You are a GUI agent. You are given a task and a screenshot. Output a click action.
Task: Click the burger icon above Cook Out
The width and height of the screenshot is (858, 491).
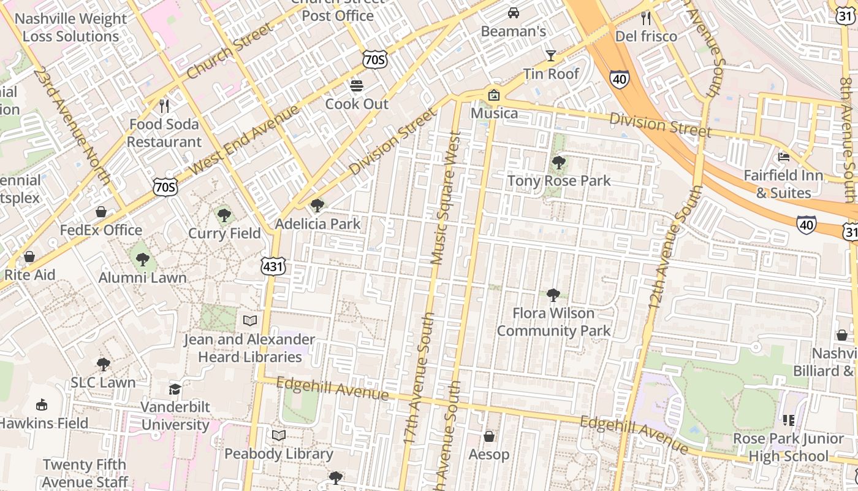pos(357,85)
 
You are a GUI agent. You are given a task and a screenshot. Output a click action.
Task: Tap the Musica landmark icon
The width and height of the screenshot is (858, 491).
pos(494,95)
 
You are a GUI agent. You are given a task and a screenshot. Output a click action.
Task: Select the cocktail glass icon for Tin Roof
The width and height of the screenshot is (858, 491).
pos(551,56)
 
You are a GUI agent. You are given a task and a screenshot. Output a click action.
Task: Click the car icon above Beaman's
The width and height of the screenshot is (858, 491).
pos(514,12)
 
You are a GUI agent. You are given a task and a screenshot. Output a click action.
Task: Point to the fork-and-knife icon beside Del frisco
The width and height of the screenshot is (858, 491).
pos(646,18)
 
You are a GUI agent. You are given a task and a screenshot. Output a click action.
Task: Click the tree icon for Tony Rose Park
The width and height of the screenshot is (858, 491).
pos(558,163)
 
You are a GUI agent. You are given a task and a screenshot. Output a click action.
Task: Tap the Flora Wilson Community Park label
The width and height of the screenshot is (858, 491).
pos(553,322)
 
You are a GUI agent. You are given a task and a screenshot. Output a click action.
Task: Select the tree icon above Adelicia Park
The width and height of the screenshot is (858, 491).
pos(317,206)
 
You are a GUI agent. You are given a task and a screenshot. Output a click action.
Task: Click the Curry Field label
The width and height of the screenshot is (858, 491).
pos(224,233)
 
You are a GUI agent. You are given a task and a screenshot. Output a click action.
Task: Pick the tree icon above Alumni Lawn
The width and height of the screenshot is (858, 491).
pos(143,260)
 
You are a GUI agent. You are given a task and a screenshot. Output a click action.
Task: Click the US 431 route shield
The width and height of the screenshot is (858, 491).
pos(273,266)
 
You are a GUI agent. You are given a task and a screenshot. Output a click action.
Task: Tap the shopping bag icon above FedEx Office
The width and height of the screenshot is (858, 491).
pos(101,212)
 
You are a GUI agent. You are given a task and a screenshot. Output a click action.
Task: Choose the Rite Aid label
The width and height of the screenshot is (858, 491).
pos(29,274)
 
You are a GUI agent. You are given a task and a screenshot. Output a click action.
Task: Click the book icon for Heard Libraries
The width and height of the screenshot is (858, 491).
pos(250,320)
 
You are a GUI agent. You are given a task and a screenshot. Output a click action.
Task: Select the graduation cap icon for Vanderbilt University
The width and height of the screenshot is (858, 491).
pos(175,389)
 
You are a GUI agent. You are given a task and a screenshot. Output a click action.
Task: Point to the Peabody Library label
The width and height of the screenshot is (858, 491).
pos(279,454)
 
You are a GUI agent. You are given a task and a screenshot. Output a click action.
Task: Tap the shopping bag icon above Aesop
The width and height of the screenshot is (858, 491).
pos(489,436)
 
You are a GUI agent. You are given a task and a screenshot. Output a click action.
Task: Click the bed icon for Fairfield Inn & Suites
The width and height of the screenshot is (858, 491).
pos(784,157)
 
